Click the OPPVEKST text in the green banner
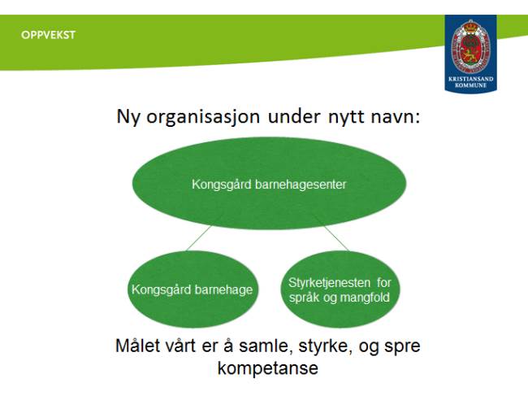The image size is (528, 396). pyautogui.click(x=48, y=35)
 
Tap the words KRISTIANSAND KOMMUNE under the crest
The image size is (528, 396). pyautogui.click(x=471, y=82)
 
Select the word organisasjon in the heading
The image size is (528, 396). pyautogui.click(x=203, y=117)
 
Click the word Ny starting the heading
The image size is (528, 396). pyautogui.click(x=128, y=117)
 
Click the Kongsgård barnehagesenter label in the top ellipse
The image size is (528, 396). pyautogui.click(x=269, y=185)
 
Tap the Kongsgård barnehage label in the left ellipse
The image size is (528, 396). pyautogui.click(x=192, y=289)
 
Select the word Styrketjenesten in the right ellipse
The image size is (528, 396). pyautogui.click(x=329, y=282)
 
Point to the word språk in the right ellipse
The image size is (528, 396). pyautogui.click(x=304, y=298)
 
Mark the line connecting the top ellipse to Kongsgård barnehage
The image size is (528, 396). pyautogui.click(x=199, y=238)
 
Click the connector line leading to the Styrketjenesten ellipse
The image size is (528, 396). pyautogui.click(x=336, y=238)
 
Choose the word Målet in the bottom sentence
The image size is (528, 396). pyautogui.click(x=138, y=346)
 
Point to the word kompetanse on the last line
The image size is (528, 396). pyautogui.click(x=268, y=368)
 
